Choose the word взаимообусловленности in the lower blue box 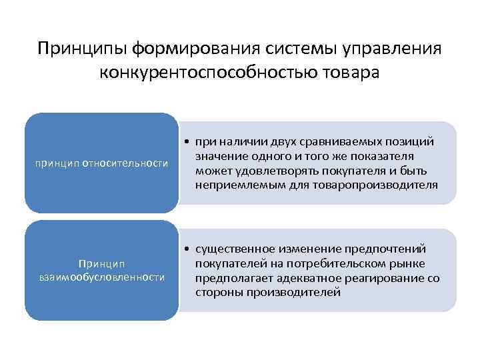point(101,277)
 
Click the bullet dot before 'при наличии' point(189,142)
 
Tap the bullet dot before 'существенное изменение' point(189,249)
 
